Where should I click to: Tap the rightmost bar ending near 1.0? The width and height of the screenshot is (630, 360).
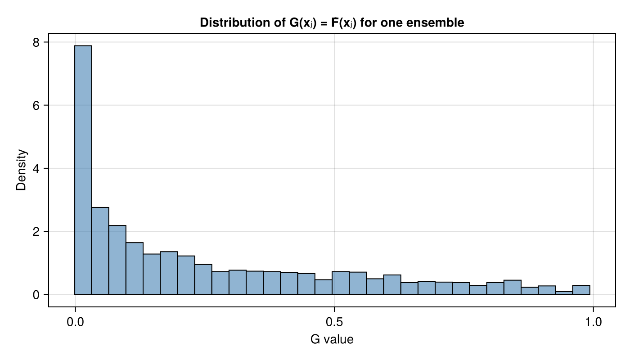581,290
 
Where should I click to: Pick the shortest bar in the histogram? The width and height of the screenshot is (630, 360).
564,293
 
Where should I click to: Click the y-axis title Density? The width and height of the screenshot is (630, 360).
22,170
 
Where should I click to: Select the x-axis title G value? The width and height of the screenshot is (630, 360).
332,339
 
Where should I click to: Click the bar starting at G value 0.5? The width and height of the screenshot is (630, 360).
341,283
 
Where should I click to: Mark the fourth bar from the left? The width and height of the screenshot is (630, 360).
135,268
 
